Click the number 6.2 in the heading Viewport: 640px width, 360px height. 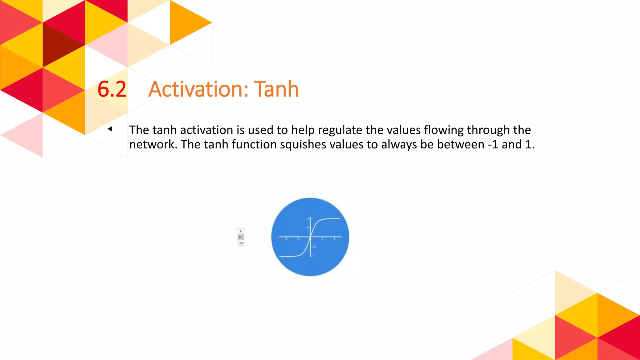tap(112, 89)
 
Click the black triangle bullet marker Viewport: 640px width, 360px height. tap(110, 129)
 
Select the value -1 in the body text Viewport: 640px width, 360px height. tap(492, 145)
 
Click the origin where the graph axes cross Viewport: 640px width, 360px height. tap(310, 237)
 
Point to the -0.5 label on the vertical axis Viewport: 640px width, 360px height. tap(314, 247)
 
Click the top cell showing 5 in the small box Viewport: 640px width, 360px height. tap(241, 231)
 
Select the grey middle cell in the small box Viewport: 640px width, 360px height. tap(241, 237)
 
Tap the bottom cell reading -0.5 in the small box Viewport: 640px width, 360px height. tap(241, 243)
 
